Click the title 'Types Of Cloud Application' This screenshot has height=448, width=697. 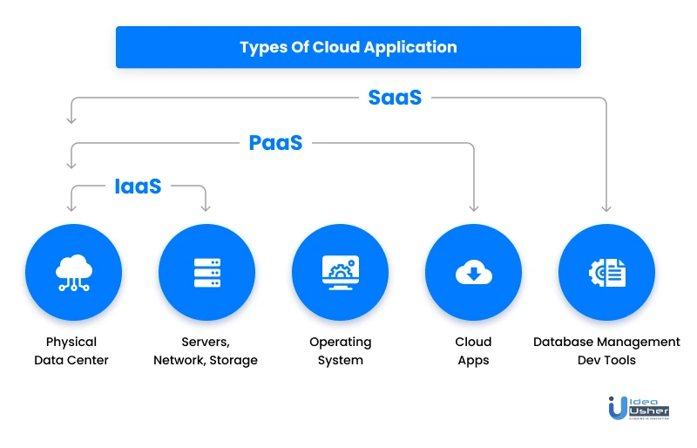(348, 47)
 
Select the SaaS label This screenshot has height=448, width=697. (395, 98)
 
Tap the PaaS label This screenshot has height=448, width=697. (275, 143)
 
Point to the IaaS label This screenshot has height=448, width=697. (138, 187)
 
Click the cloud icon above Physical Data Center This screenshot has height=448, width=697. (73, 273)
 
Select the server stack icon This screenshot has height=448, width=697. (206, 273)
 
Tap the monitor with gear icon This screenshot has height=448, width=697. (340, 273)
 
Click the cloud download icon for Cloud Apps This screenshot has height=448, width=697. (473, 273)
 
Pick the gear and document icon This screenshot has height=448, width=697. (606, 273)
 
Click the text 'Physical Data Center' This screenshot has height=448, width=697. (71, 350)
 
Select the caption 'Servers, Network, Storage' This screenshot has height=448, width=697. (206, 350)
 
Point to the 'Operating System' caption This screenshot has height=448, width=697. (340, 350)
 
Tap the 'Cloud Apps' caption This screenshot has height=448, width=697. (473, 350)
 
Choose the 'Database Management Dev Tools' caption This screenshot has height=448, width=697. (606, 350)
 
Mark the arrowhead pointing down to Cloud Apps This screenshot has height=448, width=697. (474, 207)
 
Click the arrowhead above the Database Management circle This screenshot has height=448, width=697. (606, 207)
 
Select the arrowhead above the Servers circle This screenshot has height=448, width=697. (206, 207)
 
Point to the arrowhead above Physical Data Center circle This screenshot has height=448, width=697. (71, 207)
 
